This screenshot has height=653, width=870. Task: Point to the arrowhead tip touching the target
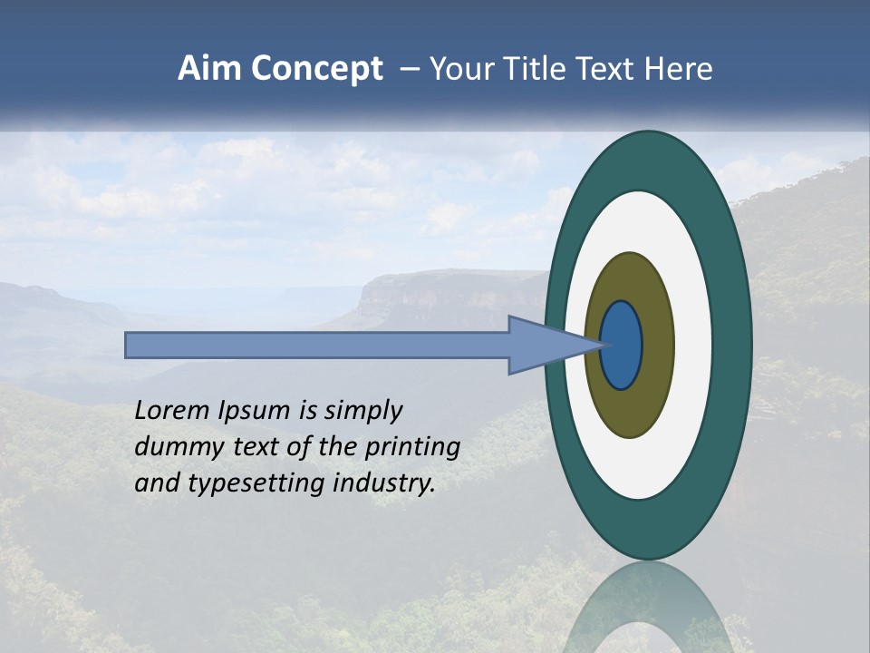click(x=601, y=345)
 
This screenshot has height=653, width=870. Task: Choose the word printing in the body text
click(x=411, y=447)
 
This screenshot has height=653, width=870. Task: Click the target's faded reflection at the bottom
click(x=648, y=608)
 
